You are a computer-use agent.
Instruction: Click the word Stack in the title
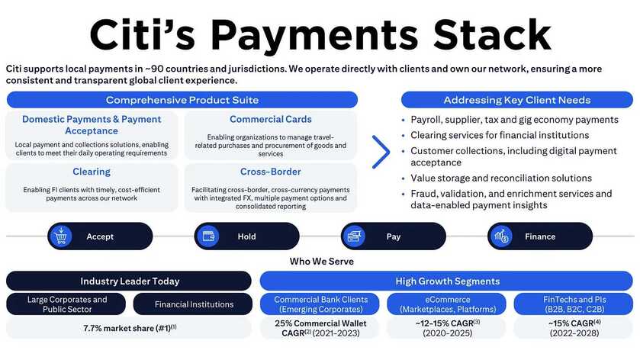(x=492, y=34)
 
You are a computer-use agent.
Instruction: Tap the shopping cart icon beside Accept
(x=61, y=236)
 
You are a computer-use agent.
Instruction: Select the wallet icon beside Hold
(x=208, y=236)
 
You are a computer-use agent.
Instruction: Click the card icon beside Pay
(x=354, y=236)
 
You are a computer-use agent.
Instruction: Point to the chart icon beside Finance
(x=501, y=236)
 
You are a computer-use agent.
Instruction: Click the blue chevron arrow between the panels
(x=381, y=152)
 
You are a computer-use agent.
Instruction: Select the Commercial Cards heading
(x=271, y=119)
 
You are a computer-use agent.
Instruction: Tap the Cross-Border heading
(x=271, y=172)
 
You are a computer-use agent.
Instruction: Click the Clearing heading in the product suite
(x=92, y=172)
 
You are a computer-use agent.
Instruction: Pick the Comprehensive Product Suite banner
(x=182, y=100)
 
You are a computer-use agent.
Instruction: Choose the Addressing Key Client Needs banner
(x=517, y=100)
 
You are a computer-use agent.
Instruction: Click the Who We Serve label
(x=322, y=261)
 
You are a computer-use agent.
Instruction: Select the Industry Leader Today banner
(x=129, y=281)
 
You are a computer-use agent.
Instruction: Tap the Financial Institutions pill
(x=193, y=304)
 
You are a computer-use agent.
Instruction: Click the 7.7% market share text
(x=130, y=328)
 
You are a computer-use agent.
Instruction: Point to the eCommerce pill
(x=446, y=304)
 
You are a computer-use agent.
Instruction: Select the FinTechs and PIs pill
(x=574, y=304)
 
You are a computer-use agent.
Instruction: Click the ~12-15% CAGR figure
(x=447, y=323)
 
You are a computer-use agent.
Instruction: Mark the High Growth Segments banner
(x=446, y=281)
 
